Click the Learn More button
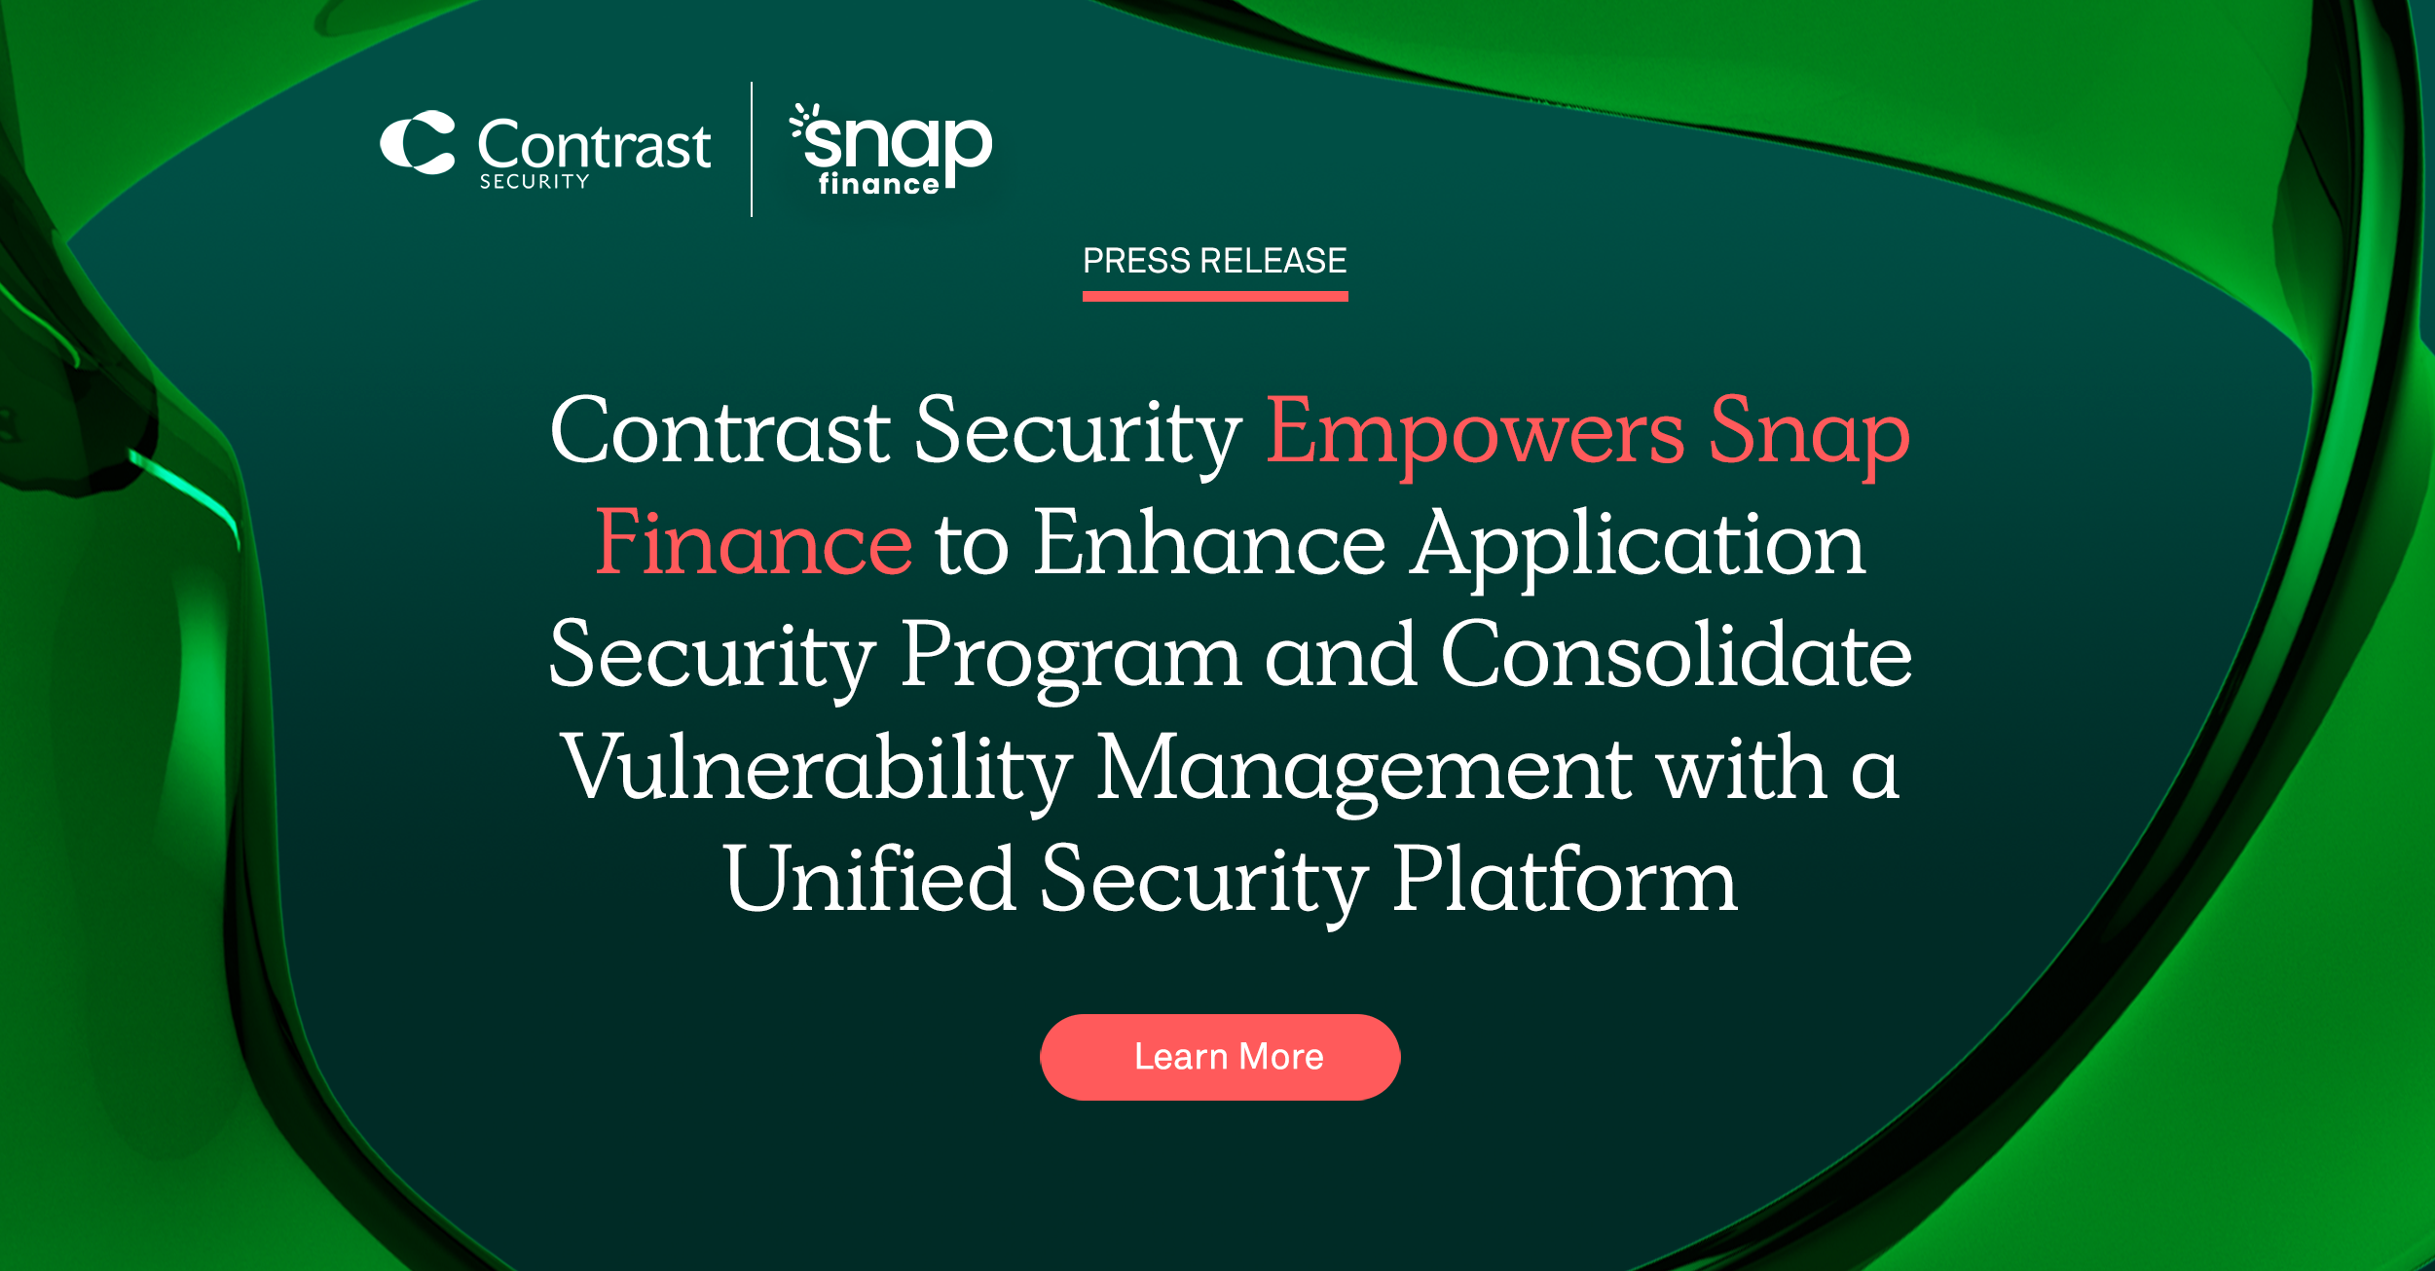(x=1219, y=1057)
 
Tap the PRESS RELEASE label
(x=1214, y=261)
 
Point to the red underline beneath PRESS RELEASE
(x=1214, y=296)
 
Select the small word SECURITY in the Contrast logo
(x=534, y=182)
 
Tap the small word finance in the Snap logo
(x=878, y=184)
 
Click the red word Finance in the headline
(x=753, y=543)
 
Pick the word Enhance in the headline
(x=1208, y=543)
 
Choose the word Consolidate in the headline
(x=1676, y=655)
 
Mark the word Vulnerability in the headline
(x=816, y=769)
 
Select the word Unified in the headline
(x=869, y=880)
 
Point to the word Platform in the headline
(x=1564, y=880)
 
